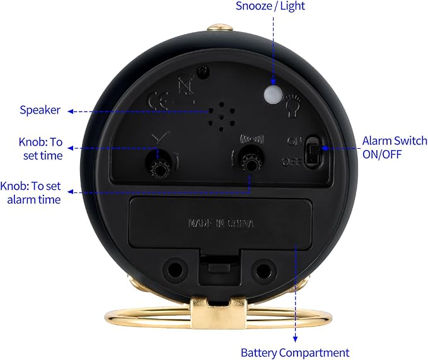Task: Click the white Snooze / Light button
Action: [x=273, y=95]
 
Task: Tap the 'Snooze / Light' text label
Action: [x=270, y=6]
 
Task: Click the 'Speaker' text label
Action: [x=40, y=110]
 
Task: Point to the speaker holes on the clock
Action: [x=221, y=117]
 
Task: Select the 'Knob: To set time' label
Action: [x=41, y=149]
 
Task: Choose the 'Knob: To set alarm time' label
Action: [x=30, y=193]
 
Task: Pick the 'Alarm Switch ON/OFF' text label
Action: [x=395, y=148]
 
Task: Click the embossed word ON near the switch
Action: [x=294, y=141]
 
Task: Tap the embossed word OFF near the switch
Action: [x=291, y=162]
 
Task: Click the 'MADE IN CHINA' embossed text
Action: [x=221, y=223]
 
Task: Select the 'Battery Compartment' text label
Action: [x=295, y=352]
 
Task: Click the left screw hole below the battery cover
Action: [x=175, y=269]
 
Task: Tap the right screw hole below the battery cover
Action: [x=263, y=270]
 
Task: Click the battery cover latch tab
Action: [x=218, y=267]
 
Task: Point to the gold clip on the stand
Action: [x=218, y=313]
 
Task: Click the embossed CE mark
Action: [x=158, y=101]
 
